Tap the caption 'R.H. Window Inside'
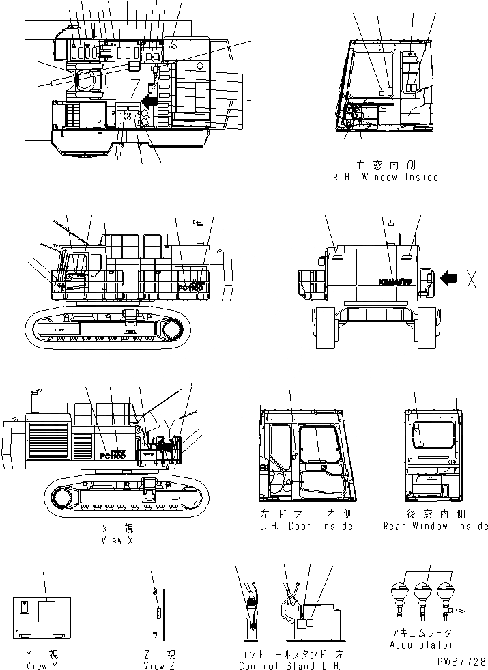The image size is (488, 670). point(385,177)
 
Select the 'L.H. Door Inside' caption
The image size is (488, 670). point(308,526)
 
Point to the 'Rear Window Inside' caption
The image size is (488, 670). point(435,526)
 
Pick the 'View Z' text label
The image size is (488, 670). point(155,666)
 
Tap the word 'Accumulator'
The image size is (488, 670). point(421,645)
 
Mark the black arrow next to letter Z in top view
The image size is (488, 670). point(148,101)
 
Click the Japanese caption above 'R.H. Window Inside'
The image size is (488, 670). point(385,165)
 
